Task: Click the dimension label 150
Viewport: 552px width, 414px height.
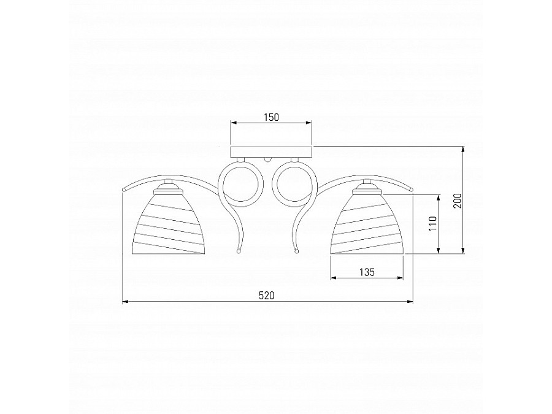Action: coord(272,117)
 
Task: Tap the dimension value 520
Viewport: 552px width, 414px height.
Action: coord(267,296)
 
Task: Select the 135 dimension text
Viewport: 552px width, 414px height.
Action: coord(367,272)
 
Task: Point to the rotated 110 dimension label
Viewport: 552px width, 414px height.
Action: coord(432,223)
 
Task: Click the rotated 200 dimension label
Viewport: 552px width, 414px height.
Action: coord(458,201)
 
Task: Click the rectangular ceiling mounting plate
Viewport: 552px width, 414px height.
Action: coord(271,152)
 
